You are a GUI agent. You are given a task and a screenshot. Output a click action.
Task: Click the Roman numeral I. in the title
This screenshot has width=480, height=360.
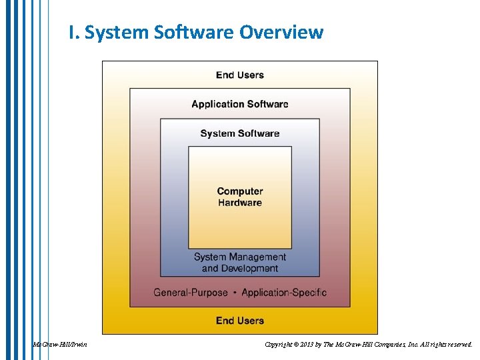(73, 32)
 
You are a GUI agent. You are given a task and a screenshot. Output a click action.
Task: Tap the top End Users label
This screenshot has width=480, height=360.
(240, 75)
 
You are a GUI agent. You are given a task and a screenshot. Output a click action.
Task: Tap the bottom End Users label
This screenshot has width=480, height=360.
(240, 321)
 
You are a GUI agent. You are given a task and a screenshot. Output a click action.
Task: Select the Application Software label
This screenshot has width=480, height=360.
(240, 104)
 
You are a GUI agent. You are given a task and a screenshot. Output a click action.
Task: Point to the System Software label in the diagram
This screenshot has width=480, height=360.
(240, 133)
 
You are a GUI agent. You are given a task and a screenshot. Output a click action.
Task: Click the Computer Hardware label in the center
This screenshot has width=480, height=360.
(240, 197)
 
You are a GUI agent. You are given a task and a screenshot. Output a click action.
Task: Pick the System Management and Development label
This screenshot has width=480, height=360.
(240, 263)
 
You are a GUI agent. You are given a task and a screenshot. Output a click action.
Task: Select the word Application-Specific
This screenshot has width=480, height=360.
(284, 293)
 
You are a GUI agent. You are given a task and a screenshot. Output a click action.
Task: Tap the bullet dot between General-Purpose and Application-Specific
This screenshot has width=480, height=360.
(235, 293)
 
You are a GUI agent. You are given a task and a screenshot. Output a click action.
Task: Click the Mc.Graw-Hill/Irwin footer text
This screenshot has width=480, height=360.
(60, 345)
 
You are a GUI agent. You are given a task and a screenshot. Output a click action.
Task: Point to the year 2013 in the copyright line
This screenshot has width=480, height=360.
(308, 345)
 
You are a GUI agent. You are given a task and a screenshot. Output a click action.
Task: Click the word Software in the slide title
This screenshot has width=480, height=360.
(195, 32)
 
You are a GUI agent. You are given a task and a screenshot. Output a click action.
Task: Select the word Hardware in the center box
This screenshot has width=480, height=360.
(240, 203)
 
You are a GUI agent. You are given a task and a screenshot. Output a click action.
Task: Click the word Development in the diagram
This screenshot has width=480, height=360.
(249, 269)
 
